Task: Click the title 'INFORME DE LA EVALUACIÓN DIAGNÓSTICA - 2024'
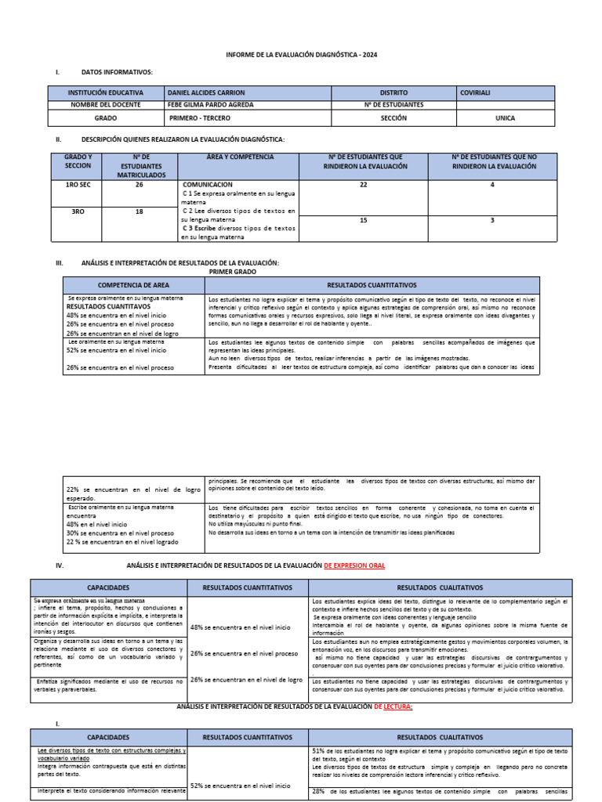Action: [x=300, y=56]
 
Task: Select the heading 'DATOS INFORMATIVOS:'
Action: [x=117, y=72]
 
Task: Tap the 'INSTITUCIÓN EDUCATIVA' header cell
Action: [x=106, y=92]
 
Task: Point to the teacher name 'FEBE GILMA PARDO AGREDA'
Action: [x=212, y=104]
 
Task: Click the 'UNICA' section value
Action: [x=506, y=117]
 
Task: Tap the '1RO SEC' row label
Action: [x=78, y=185]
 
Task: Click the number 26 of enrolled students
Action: [x=139, y=185]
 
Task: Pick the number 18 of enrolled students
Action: [x=139, y=211]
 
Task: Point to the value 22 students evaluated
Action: [x=363, y=185]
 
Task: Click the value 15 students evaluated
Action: [x=363, y=221]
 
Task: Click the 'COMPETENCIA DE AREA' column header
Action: [x=133, y=285]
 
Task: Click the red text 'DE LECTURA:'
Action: [x=393, y=706]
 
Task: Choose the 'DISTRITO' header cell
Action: [x=393, y=92]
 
